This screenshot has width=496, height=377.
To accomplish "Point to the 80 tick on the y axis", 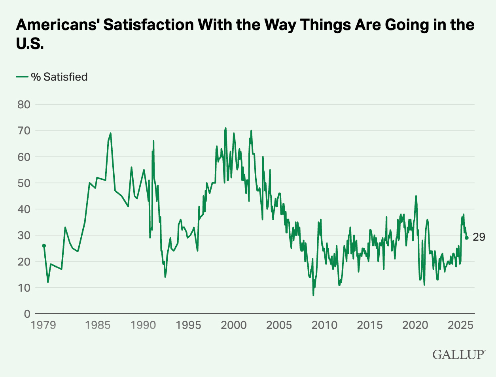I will pos(24,105).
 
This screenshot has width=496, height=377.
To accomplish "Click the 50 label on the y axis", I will pos(24,183).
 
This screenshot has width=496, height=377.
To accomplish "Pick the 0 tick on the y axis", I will pos(27,314).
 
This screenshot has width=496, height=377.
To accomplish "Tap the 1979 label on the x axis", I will pos(44,325).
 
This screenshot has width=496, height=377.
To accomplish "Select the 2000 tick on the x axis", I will pos(233,325).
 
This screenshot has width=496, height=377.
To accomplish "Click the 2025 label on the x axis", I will pos(460,325).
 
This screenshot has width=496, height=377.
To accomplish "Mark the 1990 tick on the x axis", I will pos(143,325).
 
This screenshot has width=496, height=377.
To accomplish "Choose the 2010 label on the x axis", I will pos(324,325).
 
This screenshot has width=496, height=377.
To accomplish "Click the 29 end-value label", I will pos(479,237).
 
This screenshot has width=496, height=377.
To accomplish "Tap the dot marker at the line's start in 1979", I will pos(44,246).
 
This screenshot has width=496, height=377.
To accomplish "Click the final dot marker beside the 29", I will pos(467,238).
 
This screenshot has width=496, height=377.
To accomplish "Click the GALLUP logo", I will pos(458,354).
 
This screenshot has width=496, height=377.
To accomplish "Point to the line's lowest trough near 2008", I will pos(313,295).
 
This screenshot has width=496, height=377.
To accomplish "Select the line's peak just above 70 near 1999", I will pos(225,128).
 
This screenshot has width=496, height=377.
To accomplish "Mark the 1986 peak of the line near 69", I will pos(111,133).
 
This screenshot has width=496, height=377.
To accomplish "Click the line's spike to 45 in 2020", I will pos(416,196).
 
